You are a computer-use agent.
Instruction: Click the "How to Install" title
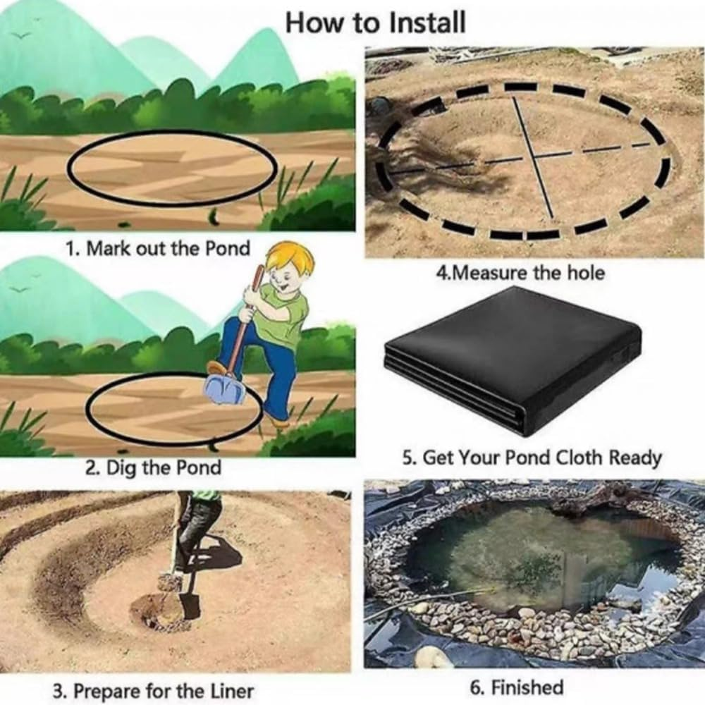click(x=376, y=23)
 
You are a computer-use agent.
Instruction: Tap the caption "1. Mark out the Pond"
click(x=157, y=248)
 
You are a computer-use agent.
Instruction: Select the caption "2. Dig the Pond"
click(x=153, y=468)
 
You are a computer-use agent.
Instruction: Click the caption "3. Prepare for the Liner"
click(x=153, y=691)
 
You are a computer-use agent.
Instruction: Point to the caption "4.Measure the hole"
click(x=520, y=272)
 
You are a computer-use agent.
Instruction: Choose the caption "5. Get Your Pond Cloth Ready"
click(x=532, y=458)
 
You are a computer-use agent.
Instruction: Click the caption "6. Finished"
click(x=517, y=687)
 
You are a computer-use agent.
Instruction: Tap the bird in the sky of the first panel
click(x=23, y=35)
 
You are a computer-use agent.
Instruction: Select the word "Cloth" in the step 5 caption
click(x=579, y=458)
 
